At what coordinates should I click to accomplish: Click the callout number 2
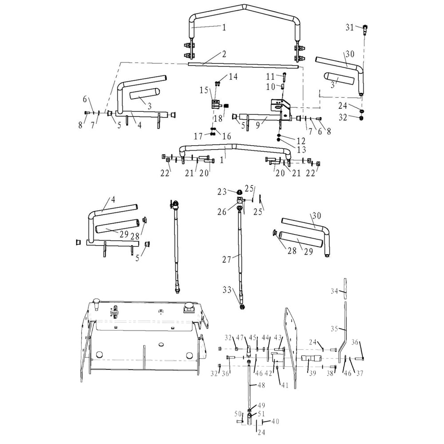click(224, 54)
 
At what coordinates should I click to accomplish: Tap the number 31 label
click(350, 28)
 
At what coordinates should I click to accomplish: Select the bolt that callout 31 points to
click(365, 30)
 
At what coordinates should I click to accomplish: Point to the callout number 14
click(233, 77)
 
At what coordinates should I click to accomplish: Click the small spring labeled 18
click(226, 107)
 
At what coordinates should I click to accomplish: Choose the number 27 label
click(227, 259)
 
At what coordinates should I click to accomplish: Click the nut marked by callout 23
click(240, 191)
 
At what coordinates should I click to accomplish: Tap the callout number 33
click(227, 289)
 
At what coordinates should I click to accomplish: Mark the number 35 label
click(335, 329)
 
